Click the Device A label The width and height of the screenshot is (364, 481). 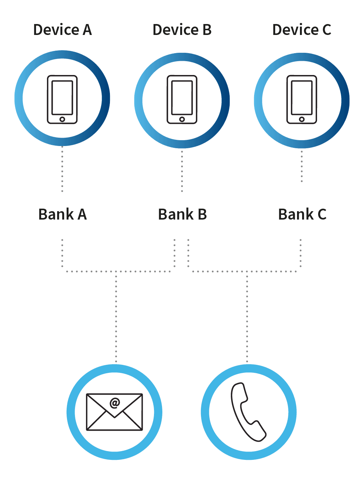click(62, 30)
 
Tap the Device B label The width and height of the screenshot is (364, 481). click(182, 30)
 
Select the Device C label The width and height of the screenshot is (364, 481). click(302, 30)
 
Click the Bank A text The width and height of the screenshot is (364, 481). click(63, 214)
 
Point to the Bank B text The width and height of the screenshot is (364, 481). click(182, 214)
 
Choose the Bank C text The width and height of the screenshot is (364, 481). click(302, 214)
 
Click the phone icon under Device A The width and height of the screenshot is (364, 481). click(62, 99)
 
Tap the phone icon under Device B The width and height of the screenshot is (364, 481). click(182, 99)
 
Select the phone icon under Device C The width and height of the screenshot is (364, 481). click(302, 99)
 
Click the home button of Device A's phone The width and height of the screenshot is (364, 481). click(62, 119)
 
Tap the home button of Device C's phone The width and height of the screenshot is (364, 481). click(302, 119)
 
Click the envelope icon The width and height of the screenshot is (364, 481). click(114, 412)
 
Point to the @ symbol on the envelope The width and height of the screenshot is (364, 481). click(115, 403)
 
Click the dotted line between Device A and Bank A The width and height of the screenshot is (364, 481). click(62, 169)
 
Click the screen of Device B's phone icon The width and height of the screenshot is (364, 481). click(182, 96)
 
